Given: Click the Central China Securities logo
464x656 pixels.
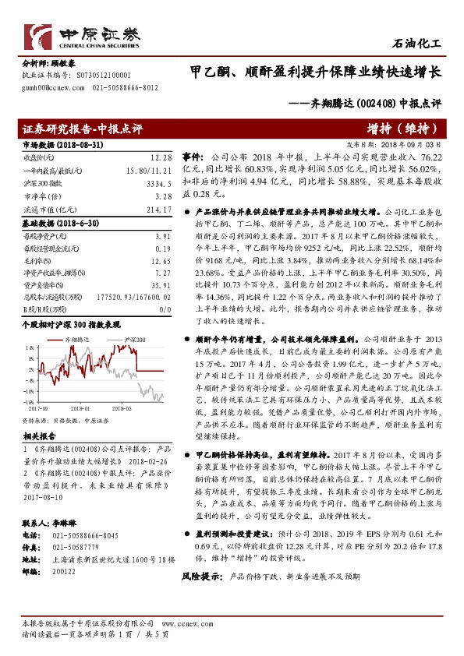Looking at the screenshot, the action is click(x=82, y=37).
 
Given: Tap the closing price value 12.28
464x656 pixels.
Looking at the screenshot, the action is click(x=161, y=157).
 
